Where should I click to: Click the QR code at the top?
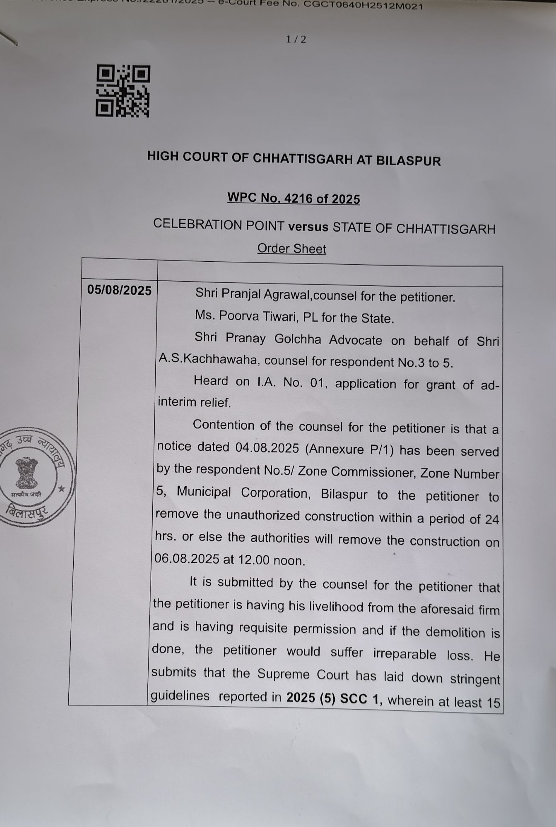pos(123,91)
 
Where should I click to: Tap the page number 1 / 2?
pos(296,40)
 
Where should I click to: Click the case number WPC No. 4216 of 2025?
pos(294,198)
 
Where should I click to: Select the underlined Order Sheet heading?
pos(291,249)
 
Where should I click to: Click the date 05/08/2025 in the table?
pos(119,291)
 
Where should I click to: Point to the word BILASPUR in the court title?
pos(408,160)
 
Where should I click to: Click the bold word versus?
pos(308,227)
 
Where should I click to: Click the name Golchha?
pos(298,339)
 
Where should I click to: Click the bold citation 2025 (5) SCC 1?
pos(334,698)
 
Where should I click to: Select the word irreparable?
pos(404,654)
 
